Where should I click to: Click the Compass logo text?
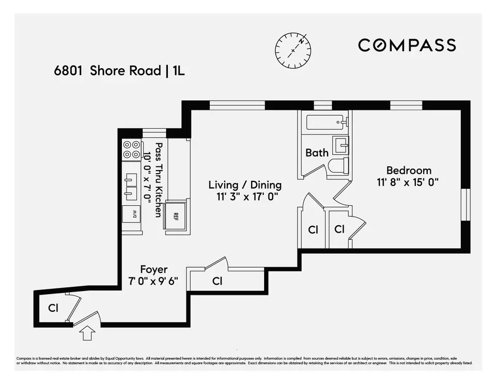[x=407, y=45]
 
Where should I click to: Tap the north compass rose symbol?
[x=293, y=50]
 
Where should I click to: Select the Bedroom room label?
[x=409, y=171]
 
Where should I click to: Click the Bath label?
[x=317, y=152]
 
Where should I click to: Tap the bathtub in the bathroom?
[x=326, y=122]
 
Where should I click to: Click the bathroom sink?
[x=340, y=145]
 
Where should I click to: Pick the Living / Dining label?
[x=245, y=185]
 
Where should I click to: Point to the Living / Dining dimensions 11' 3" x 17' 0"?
[x=245, y=196]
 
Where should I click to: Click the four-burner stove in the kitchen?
[x=131, y=149]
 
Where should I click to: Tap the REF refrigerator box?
[x=175, y=216]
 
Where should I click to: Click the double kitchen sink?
[x=130, y=187]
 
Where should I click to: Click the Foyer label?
[x=153, y=269]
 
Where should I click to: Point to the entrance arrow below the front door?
[x=87, y=334]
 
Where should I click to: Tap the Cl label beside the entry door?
[x=53, y=308]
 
